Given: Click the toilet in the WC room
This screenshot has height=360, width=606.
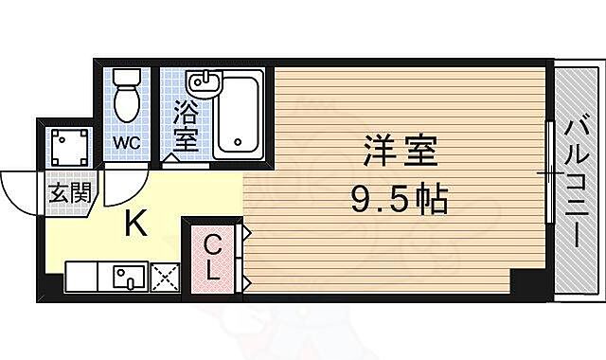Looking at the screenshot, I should (x=125, y=99).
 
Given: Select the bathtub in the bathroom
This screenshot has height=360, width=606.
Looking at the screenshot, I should (x=241, y=117).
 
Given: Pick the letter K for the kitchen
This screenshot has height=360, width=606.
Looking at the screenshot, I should (x=135, y=225).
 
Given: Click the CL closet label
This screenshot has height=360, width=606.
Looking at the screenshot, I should (x=214, y=256).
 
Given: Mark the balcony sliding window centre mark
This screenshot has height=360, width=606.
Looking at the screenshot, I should (x=546, y=174).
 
